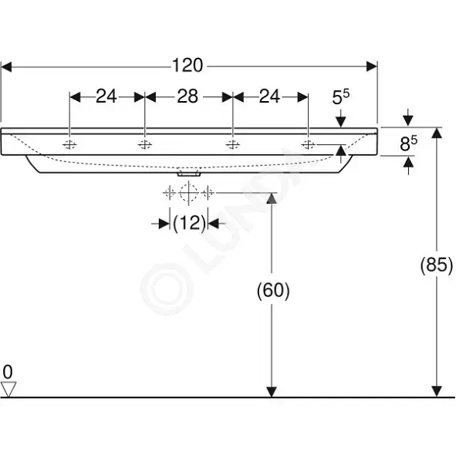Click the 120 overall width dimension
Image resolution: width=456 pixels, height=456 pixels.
[x=187, y=65]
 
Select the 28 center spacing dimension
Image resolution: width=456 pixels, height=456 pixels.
[x=187, y=96]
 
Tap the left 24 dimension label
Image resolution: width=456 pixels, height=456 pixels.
[x=106, y=96]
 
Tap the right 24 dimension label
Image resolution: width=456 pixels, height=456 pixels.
[x=269, y=96]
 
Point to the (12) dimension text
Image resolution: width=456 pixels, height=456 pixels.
[x=189, y=223]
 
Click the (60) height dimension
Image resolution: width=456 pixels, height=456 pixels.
[x=273, y=290]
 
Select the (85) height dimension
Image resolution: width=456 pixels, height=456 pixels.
[x=437, y=265]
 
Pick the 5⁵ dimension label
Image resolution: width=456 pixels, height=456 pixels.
[x=341, y=97]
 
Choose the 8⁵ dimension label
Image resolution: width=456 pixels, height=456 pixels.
[x=408, y=144]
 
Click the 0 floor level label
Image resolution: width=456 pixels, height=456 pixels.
[x=8, y=372]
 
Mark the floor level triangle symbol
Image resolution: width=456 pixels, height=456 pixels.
[x=8, y=390]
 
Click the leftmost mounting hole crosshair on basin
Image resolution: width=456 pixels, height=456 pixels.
[x=69, y=144]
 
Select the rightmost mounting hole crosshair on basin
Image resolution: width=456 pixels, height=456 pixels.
[x=308, y=144]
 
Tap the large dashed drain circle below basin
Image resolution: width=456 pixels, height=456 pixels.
[x=189, y=193]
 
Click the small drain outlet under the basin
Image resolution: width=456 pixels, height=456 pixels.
[x=189, y=174]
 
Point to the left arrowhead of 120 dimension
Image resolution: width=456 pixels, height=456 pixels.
[x=6, y=66]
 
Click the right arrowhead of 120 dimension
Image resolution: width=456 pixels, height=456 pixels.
[x=372, y=66]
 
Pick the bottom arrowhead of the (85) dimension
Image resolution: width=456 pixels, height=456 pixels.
[x=437, y=391]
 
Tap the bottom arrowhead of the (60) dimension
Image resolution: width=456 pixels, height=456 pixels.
[x=272, y=391]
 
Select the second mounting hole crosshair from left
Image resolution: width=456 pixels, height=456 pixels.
[x=145, y=144]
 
